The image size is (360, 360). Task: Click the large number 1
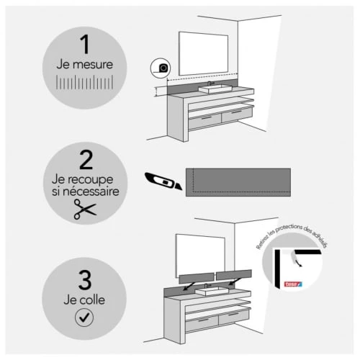85,45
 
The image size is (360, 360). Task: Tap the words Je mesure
85,65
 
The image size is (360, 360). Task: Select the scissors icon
85,210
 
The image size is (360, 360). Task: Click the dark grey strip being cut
238,181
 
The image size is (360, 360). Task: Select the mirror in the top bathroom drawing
208,55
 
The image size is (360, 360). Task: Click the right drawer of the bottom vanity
235,320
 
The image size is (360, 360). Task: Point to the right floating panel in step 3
234,274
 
